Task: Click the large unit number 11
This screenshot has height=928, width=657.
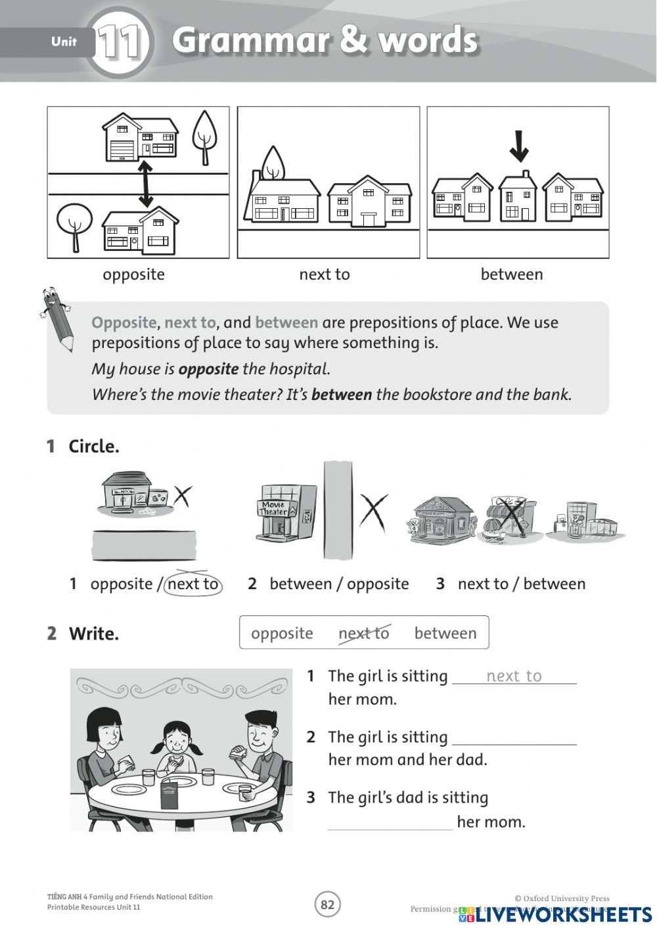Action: [121, 42]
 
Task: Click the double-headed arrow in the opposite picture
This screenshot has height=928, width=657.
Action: [145, 185]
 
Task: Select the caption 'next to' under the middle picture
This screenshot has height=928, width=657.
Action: [325, 275]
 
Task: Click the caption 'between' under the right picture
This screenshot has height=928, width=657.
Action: [512, 275]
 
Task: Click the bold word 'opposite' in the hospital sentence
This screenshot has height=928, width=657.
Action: [208, 369]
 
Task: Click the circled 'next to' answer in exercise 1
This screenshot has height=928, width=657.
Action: [193, 584]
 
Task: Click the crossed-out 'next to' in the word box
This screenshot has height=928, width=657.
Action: [364, 633]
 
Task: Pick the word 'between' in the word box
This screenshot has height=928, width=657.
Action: [445, 633]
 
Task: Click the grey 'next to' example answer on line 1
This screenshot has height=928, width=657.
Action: [514, 676]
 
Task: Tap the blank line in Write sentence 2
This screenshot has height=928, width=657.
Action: [514, 739]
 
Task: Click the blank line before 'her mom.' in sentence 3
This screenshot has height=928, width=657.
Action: [390, 824]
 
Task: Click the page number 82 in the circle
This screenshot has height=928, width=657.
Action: [327, 905]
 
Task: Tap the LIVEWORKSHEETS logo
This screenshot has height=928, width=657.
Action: [555, 914]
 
